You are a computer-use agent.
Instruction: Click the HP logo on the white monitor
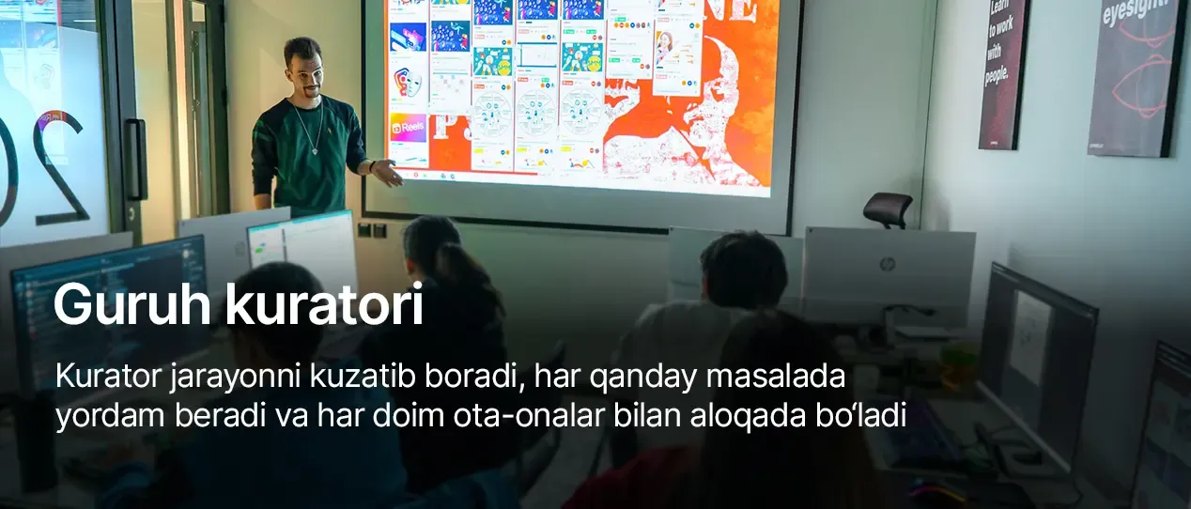[x=887, y=265]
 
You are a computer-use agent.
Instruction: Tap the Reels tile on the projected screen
[x=409, y=127]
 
